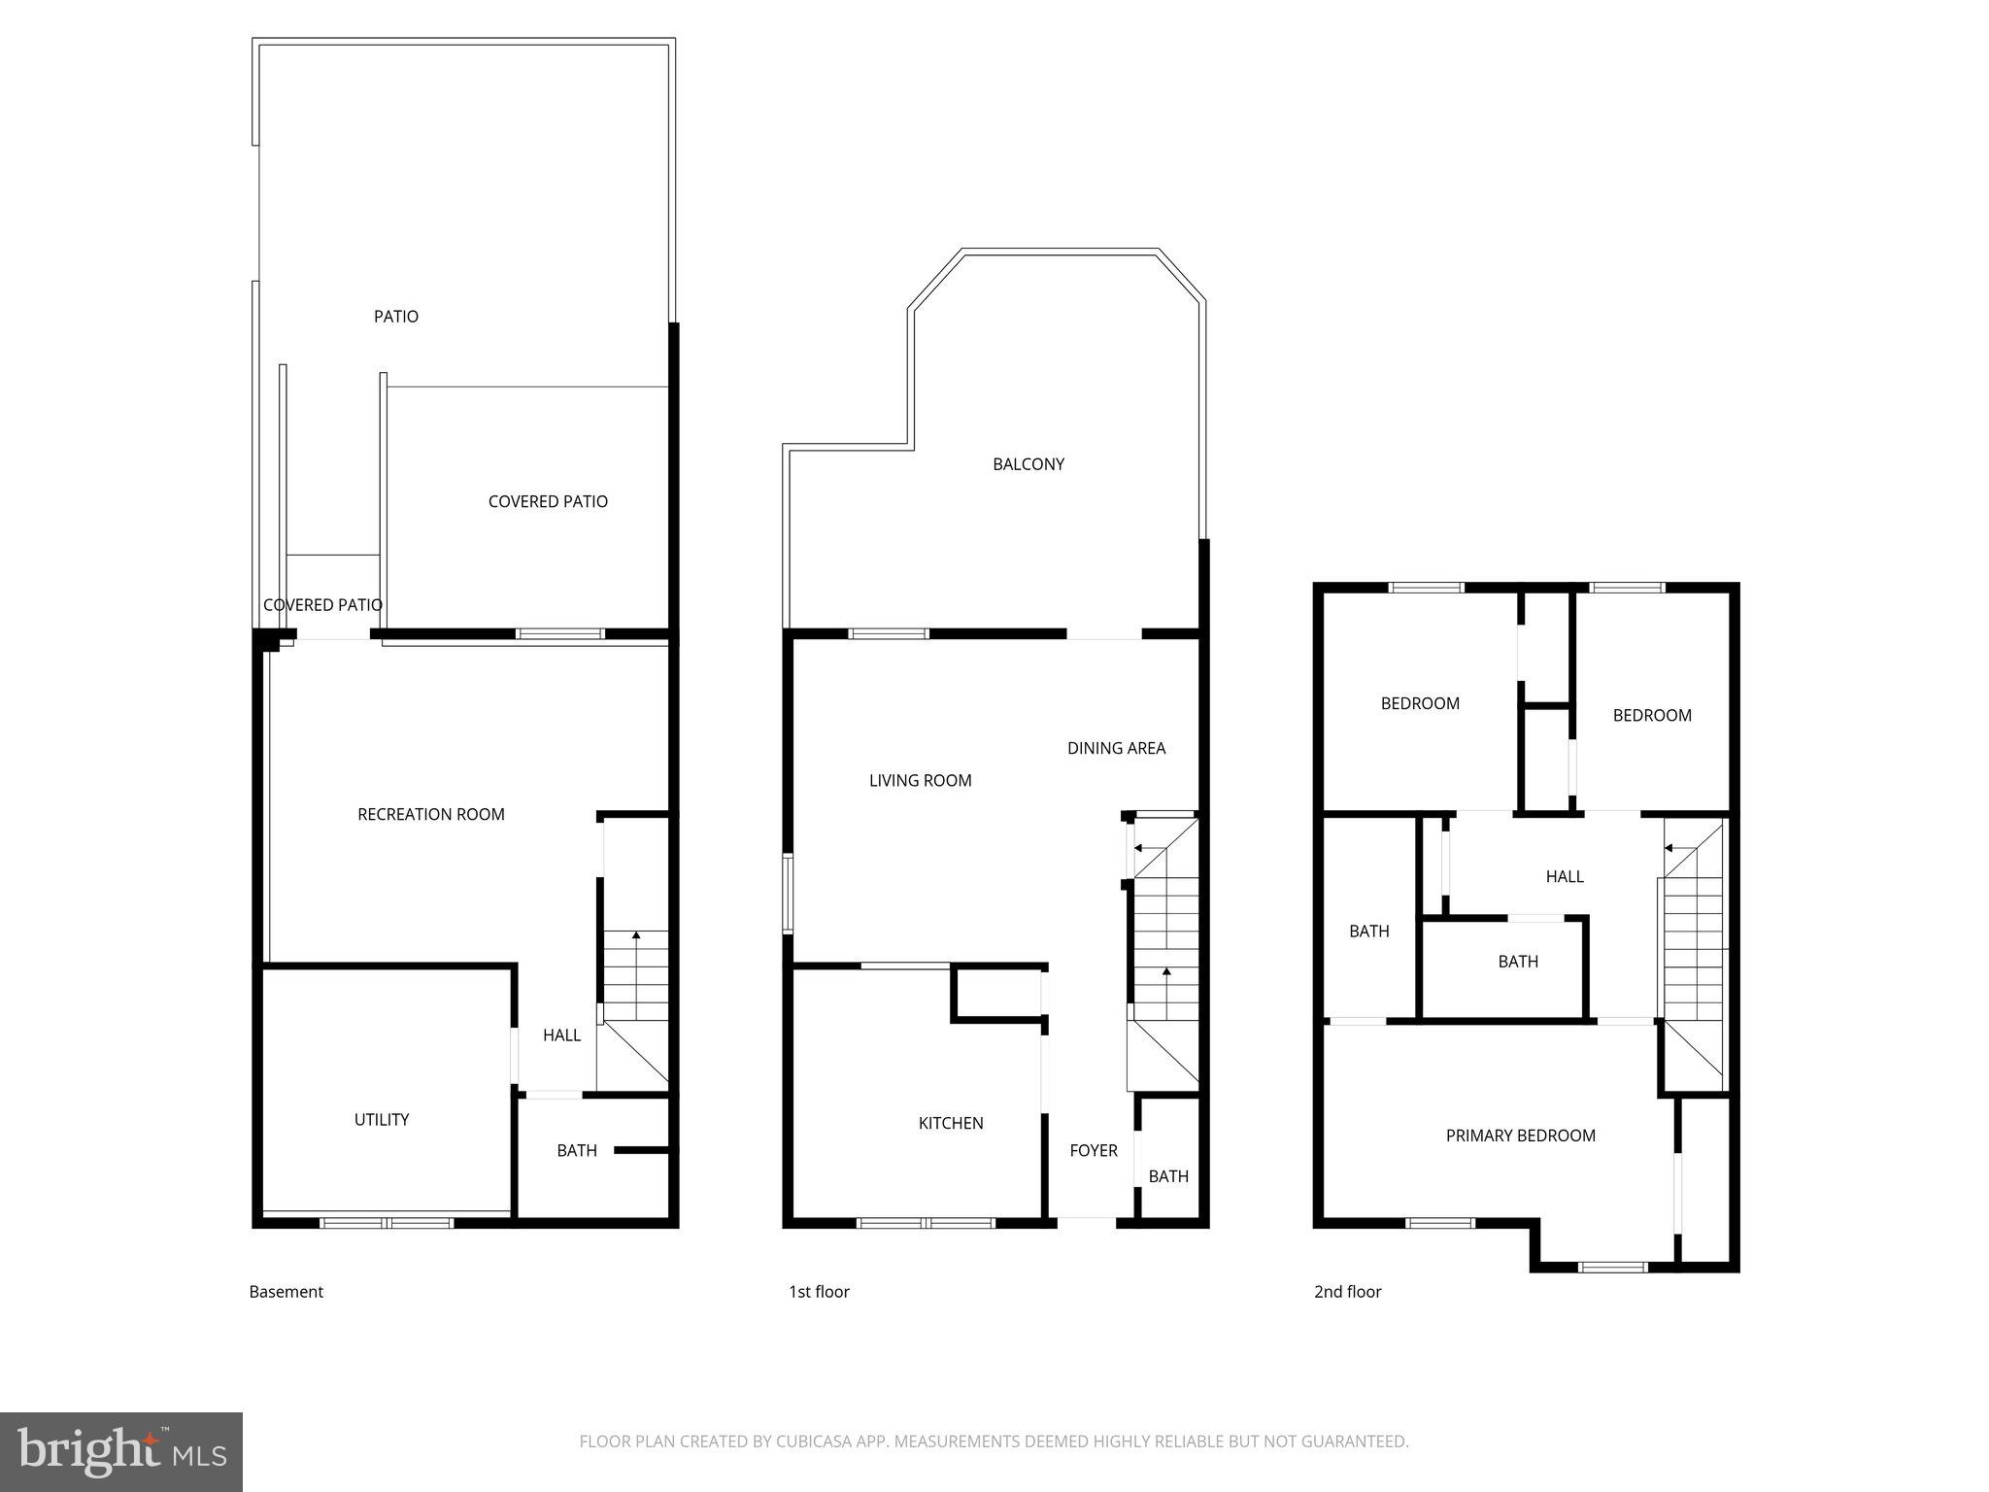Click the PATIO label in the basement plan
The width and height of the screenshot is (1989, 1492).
point(396,317)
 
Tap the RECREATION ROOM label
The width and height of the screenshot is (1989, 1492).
point(431,815)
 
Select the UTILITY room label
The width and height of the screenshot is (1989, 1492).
point(382,1120)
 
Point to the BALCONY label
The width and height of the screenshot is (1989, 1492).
point(1028,464)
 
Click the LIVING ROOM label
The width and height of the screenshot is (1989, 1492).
point(920,781)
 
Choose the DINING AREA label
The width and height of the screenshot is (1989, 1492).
point(1116,748)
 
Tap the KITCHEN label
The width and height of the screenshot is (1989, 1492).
point(951,1124)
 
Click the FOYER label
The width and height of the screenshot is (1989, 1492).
point(1094,1151)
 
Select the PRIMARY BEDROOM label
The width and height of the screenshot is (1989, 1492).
point(1520,1136)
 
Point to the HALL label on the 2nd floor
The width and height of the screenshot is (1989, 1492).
point(1565,877)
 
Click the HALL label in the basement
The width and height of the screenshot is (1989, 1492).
point(561,1035)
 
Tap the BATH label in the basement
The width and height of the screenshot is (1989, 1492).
point(577,1151)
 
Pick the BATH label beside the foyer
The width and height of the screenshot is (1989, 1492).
point(1168,1177)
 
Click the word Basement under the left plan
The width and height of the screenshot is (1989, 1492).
point(287,1292)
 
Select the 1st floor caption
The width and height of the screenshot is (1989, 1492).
point(819,1292)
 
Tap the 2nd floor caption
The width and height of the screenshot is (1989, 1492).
point(1347,1292)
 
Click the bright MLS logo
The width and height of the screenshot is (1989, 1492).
point(121,1452)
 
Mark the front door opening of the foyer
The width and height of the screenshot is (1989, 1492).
point(1087,1220)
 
